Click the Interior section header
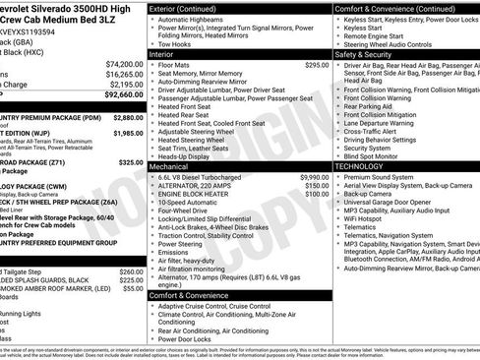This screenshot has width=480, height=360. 163,54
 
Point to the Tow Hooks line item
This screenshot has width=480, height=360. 176,43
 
